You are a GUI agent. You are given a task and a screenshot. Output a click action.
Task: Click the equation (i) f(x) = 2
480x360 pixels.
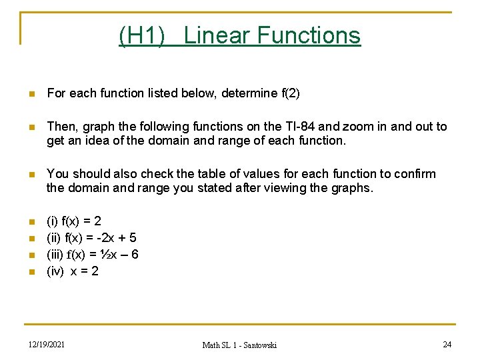click(74, 221)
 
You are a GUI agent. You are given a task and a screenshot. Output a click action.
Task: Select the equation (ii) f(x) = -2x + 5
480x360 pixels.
click(91, 237)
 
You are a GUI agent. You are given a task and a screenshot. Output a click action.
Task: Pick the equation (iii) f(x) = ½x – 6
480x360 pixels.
click(93, 254)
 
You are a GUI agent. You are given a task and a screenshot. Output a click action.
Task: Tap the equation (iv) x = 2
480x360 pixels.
click(73, 271)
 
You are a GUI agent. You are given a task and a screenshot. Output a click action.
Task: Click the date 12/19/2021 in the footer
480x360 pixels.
click(47, 344)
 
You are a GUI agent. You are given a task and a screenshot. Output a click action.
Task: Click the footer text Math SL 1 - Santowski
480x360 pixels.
click(239, 345)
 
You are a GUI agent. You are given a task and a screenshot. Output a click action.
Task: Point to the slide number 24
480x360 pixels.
click(447, 344)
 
